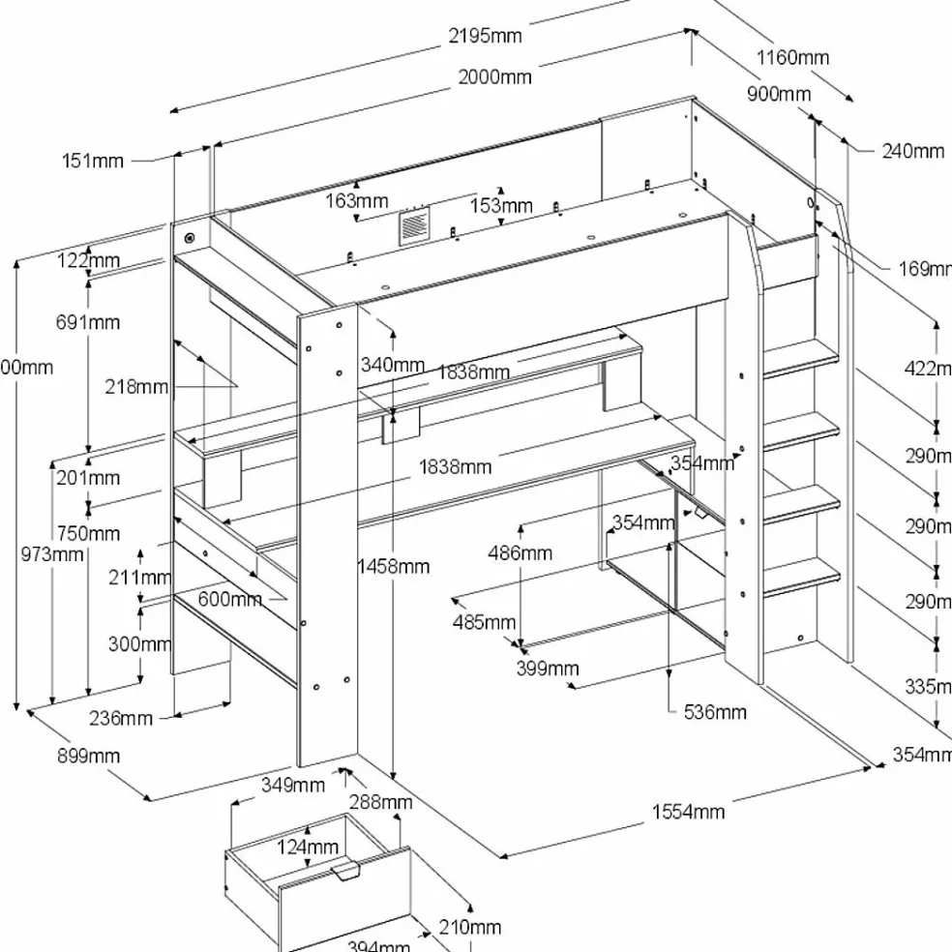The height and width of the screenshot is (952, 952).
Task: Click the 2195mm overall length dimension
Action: coord(485,36)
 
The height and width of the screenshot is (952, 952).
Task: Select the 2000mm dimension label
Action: coord(494,77)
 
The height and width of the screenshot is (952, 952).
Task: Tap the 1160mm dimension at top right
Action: coord(792,57)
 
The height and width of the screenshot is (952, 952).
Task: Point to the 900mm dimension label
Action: coord(779,94)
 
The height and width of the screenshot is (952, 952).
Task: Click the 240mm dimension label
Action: coord(912,150)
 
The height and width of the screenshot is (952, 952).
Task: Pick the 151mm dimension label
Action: coord(93,161)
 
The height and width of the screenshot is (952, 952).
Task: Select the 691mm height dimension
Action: coord(88,322)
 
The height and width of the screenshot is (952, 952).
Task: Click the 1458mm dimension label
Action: coord(392,566)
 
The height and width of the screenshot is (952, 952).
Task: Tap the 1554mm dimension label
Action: coord(687,812)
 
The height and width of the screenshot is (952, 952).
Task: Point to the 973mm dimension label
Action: coord(52,554)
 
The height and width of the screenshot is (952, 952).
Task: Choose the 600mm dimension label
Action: coord(229,599)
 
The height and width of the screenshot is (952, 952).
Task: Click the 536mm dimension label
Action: coord(715,712)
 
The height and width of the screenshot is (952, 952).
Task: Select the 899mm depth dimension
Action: coord(88,756)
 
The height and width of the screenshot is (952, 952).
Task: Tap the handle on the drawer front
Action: coord(344,873)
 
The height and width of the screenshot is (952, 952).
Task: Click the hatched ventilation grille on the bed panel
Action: coord(413,229)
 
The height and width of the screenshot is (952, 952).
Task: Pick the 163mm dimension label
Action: coord(356,201)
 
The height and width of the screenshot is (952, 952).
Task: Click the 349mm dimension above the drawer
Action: coord(292,785)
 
